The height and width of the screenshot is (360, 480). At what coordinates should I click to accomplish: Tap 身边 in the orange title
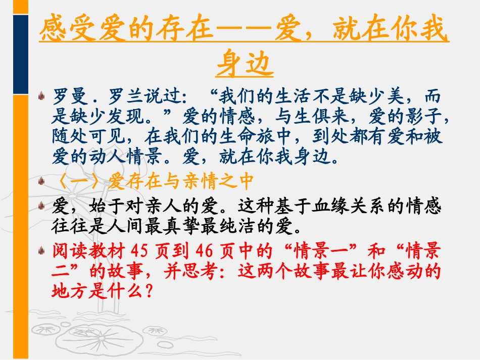(245, 65)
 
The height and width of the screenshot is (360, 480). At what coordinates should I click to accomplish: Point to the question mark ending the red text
(148, 291)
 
